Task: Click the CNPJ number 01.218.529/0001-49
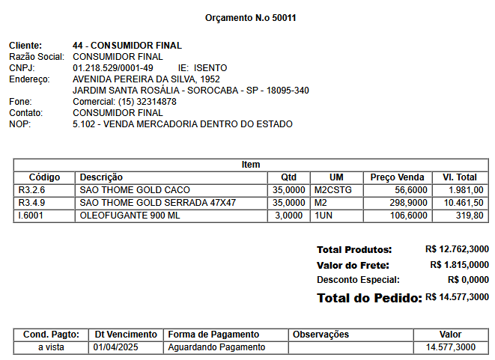[x=113, y=68]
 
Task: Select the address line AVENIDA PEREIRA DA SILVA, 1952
[x=146, y=79]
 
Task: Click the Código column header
[x=44, y=177]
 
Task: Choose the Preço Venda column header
[x=397, y=177]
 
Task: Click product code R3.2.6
[x=31, y=190]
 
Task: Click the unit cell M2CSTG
[x=333, y=190]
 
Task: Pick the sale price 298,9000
[x=408, y=203]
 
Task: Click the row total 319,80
[x=470, y=216]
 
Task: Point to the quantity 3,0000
[x=289, y=216]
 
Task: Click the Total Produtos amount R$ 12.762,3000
[x=457, y=249]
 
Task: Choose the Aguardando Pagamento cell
[x=216, y=347]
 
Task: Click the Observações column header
[x=321, y=335]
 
